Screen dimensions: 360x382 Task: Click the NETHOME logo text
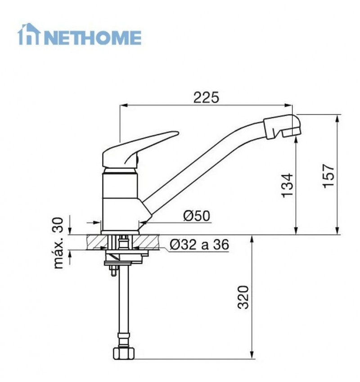93,37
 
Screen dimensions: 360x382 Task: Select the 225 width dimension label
206,97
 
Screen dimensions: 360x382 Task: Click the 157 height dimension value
328,176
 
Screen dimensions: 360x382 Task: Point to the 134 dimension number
287,185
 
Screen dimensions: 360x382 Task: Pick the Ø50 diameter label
197,216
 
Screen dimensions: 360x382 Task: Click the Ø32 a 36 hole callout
199,244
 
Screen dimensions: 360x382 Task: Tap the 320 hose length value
243,297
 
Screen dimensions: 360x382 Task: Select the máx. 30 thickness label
58,243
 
